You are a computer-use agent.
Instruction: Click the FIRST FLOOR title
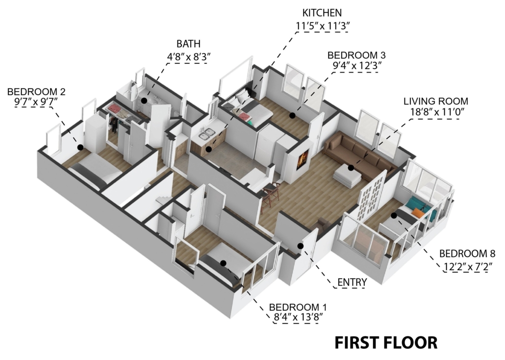pos(386,343)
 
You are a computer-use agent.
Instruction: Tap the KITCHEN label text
pos(322,13)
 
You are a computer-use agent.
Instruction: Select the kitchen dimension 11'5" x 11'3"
pos(323,26)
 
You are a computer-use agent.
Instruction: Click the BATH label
pos(188,44)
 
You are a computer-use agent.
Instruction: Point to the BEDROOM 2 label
pos(36,92)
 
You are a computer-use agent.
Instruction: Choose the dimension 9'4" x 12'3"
pos(357,66)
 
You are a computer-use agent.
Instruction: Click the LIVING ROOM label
pos(436,101)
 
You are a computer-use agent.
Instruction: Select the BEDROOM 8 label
pos(467,254)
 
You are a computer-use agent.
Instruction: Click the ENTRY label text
pos(352,283)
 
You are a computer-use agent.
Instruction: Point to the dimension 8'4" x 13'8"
pos(298,317)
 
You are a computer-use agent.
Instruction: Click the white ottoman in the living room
pos(347,175)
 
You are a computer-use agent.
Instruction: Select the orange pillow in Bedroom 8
pos(417,212)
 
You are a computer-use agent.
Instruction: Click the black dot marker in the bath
pos(144,101)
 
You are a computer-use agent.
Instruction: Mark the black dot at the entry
pos(301,246)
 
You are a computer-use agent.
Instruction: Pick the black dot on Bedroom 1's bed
pos(223,263)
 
